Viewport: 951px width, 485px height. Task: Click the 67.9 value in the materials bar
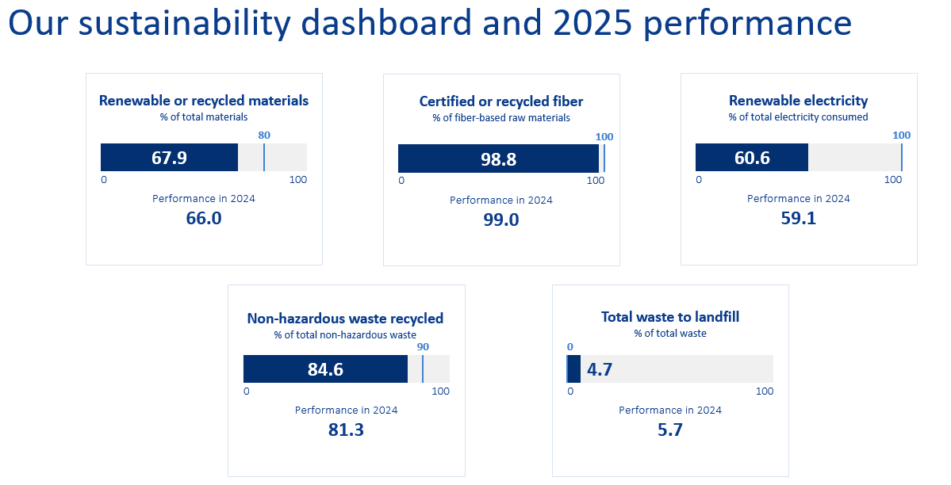(x=169, y=158)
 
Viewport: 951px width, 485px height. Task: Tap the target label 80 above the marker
(x=264, y=136)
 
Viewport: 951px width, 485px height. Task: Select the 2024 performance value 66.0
(x=204, y=218)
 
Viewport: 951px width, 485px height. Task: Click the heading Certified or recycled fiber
(x=501, y=101)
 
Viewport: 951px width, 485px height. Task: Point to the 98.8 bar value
(x=498, y=159)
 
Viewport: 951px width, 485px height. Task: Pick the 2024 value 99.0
(x=501, y=220)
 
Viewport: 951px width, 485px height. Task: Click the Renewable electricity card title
(x=798, y=101)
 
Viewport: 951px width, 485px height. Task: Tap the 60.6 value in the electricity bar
(x=752, y=158)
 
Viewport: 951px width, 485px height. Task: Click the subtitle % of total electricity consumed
(x=798, y=117)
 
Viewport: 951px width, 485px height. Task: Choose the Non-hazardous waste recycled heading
(x=345, y=319)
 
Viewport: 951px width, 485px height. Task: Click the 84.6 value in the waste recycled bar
(x=325, y=369)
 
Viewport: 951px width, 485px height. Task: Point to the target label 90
(x=423, y=347)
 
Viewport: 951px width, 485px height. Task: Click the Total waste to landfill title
(x=670, y=317)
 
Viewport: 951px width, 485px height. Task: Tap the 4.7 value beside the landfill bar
(x=600, y=369)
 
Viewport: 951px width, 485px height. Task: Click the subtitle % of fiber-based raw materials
(x=501, y=118)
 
